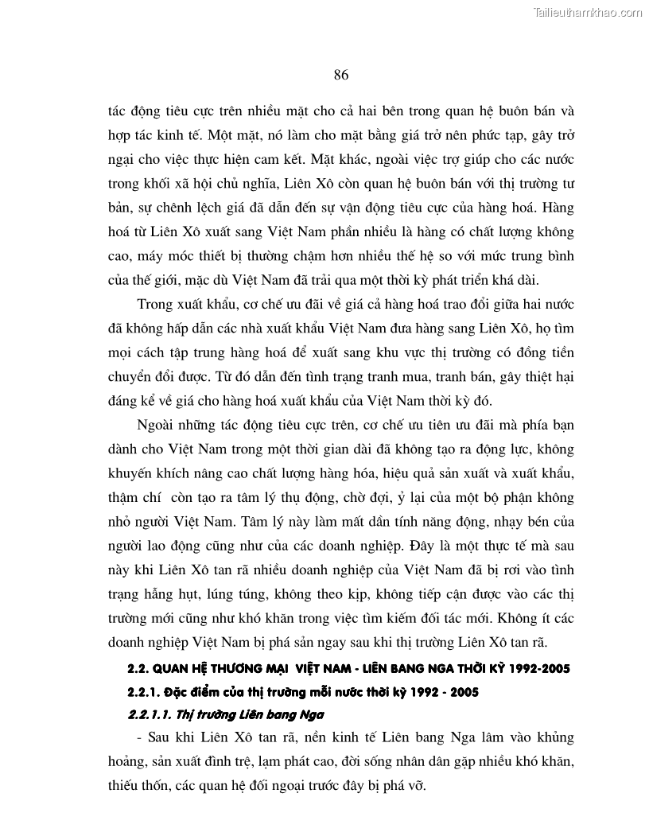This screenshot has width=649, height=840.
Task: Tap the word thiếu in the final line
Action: pyautogui.click(x=126, y=785)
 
